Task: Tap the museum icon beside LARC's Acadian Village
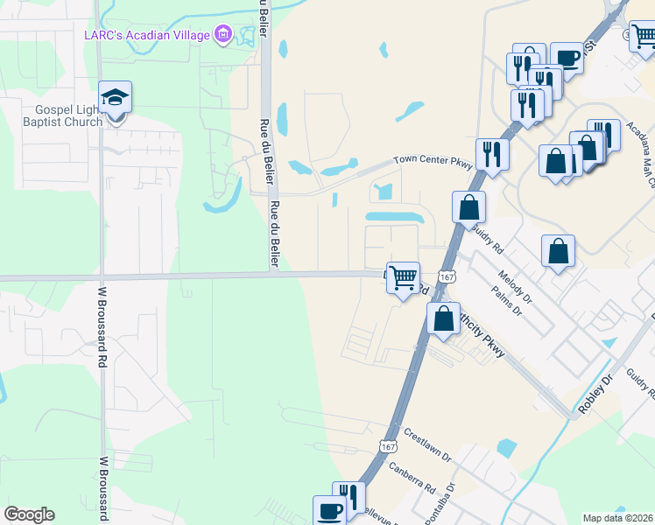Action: (x=224, y=35)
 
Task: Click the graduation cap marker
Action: (x=116, y=97)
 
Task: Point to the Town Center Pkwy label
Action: (x=433, y=162)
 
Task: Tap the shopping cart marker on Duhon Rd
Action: (x=403, y=278)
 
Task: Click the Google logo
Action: (x=29, y=514)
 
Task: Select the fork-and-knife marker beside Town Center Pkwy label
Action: (x=492, y=155)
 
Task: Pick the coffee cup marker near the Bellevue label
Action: (x=330, y=510)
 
